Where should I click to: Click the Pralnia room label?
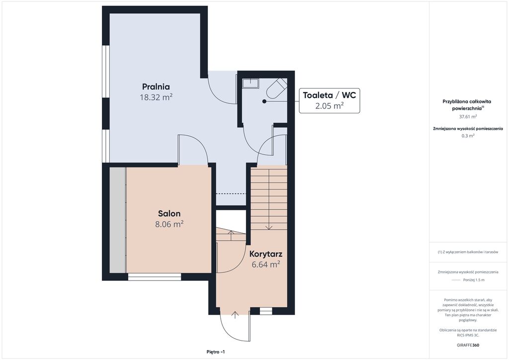(x=156, y=87)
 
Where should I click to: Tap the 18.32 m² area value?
(x=156, y=97)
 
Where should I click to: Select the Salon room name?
(x=169, y=214)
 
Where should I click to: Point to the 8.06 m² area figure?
(x=169, y=224)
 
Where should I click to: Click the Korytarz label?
(x=265, y=254)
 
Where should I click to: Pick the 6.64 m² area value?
(x=265, y=265)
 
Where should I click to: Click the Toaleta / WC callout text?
(x=330, y=95)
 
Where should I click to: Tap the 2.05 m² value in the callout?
(x=330, y=105)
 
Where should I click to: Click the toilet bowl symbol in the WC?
(x=276, y=88)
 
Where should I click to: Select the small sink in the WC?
(x=251, y=83)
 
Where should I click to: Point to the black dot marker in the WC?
(x=264, y=101)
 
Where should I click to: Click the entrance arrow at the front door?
(x=235, y=315)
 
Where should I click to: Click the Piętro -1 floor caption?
(x=216, y=352)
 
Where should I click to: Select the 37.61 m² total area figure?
(x=468, y=116)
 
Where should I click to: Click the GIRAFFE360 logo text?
(x=468, y=345)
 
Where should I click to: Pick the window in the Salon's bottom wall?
(x=155, y=277)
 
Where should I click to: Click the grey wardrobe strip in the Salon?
(x=117, y=220)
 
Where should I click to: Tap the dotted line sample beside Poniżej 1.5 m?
(x=456, y=280)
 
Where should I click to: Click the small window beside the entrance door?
(x=266, y=311)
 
